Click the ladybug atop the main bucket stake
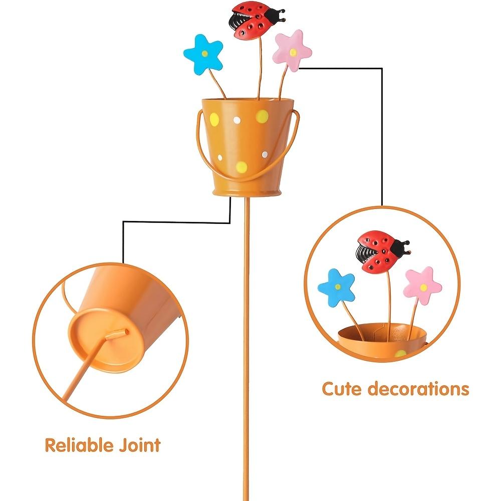click(x=256, y=21)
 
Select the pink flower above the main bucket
click(x=292, y=51)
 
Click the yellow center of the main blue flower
click(x=205, y=54)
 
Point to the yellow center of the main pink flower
click(x=293, y=52)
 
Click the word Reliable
click(x=79, y=445)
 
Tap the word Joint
click(x=140, y=445)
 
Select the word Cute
click(x=342, y=389)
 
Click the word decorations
click(x=418, y=389)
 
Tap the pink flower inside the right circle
click(x=422, y=286)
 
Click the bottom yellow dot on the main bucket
click(x=241, y=166)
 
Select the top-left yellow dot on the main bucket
click(x=214, y=120)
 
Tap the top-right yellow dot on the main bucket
click(x=262, y=117)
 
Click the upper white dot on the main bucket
click(x=237, y=120)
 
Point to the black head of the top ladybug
click(x=275, y=15)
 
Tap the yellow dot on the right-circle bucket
click(x=401, y=354)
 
